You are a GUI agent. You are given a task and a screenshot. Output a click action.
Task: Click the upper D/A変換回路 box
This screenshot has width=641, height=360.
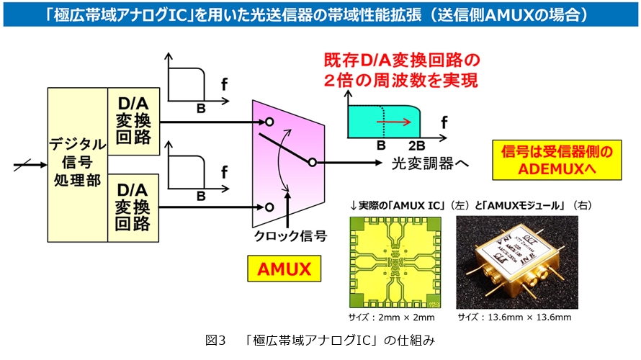tap(133, 120)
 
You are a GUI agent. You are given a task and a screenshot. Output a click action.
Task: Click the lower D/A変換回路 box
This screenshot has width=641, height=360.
tap(133, 207)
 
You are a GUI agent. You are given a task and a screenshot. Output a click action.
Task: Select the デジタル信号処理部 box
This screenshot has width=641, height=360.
tap(77, 164)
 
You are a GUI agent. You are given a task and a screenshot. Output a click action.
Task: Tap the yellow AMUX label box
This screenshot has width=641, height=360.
tap(284, 270)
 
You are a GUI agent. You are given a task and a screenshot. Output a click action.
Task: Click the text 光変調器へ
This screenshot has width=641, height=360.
tap(430, 163)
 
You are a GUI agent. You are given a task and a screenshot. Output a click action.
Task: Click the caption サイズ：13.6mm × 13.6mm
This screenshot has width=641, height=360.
tap(514, 317)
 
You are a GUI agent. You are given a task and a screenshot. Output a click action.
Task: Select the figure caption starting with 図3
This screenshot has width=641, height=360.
tap(320, 339)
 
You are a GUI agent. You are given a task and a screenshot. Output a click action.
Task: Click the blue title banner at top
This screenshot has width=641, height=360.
tap(320, 14)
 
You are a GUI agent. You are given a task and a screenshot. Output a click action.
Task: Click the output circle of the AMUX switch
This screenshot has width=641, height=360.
tap(312, 163)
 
